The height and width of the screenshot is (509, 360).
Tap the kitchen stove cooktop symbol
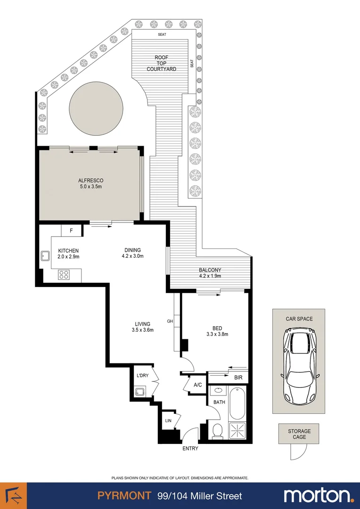coord(64,275)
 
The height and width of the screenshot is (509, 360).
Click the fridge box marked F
coord(71,231)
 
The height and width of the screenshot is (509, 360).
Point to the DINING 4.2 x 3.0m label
coord(132,253)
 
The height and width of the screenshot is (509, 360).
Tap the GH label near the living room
coord(170,321)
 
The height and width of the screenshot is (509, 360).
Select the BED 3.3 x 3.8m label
coord(217,331)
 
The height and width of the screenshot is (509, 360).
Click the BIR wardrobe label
coord(238,378)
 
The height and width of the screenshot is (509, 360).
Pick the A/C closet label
coord(197,385)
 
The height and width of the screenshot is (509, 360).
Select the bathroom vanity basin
coord(218,391)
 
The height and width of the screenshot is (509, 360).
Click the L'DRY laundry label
coord(142,376)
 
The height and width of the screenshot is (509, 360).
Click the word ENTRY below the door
coord(190,448)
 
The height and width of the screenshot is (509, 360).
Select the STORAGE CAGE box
coord(299,434)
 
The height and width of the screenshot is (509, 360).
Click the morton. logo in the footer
coord(319,495)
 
